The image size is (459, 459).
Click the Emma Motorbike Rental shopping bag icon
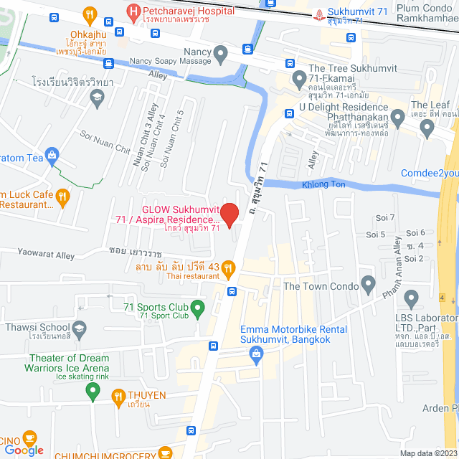point(255,353)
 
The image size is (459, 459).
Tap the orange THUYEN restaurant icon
point(118,395)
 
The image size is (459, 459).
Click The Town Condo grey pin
point(369,283)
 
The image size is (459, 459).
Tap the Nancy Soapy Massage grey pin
point(221,54)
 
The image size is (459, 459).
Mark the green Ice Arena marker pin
point(92,392)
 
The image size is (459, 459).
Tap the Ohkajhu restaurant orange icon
point(90,14)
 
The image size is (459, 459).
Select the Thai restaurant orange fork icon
point(228,269)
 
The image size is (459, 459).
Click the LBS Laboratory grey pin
point(411,298)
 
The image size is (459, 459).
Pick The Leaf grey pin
point(428,129)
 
